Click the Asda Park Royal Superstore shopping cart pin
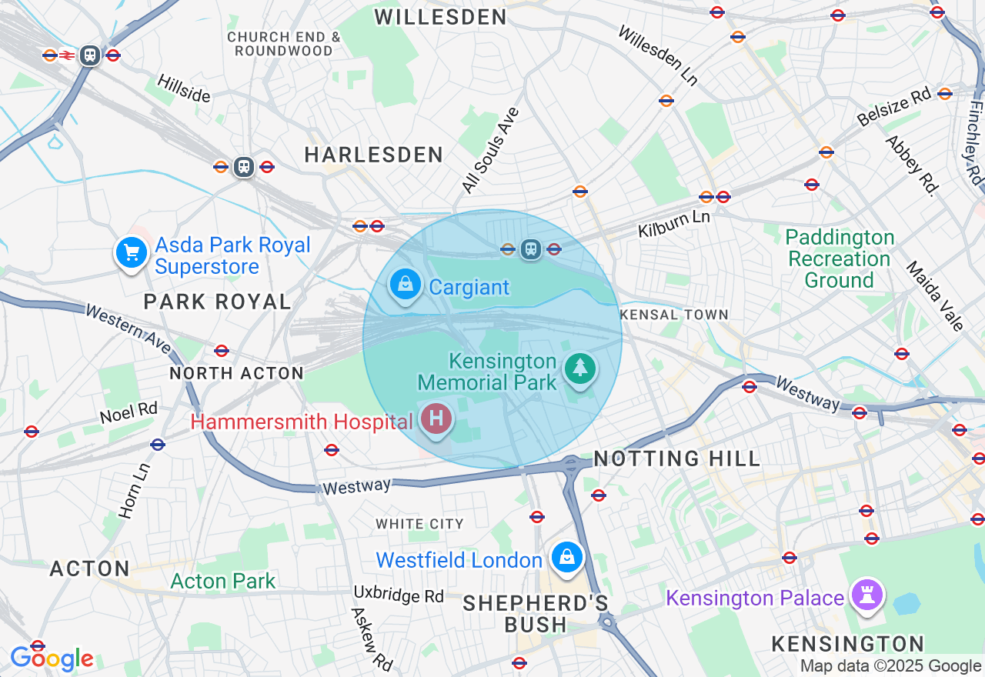(132, 252)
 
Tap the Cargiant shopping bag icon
(406, 285)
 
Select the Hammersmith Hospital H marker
(436, 419)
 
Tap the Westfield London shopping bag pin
(567, 557)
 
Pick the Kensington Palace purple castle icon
(867, 595)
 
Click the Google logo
(52, 659)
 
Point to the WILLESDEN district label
(441, 17)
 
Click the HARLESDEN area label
(374, 155)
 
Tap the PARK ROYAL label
(218, 302)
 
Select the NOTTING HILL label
(677, 459)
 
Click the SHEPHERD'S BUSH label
(536, 613)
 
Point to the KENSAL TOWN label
(674, 315)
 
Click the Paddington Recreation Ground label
(840, 258)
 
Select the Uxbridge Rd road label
(399, 595)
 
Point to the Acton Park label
(222, 581)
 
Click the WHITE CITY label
(420, 524)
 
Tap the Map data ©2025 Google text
(890, 666)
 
